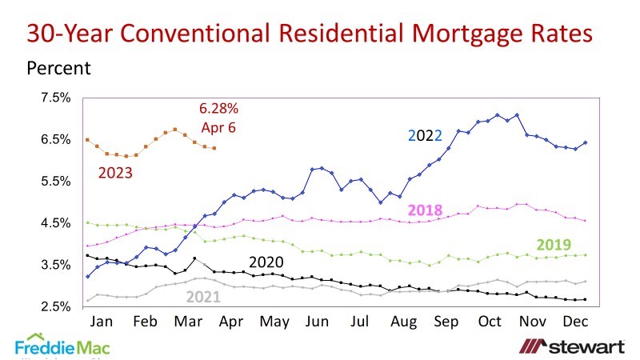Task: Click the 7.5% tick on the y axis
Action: [x=56, y=98]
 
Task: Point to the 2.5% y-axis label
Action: [x=56, y=307]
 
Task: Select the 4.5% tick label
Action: [x=56, y=223]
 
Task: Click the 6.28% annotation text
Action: [x=218, y=108]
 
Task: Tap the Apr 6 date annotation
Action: [x=218, y=127]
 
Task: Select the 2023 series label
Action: [x=116, y=172]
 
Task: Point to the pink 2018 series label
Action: [x=425, y=210]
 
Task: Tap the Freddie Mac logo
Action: [x=62, y=346]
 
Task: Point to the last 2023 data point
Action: [x=214, y=148]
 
